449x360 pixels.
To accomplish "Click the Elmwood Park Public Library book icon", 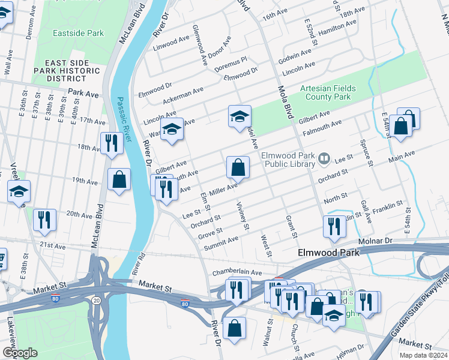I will [x=324, y=158].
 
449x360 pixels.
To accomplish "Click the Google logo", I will [x=20, y=353].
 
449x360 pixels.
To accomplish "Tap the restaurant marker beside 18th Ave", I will [x=111, y=144].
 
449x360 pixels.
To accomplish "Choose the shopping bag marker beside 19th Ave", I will [x=119, y=179].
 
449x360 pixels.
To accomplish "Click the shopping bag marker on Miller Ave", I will [x=238, y=168].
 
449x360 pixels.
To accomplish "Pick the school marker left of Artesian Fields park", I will [x=240, y=116].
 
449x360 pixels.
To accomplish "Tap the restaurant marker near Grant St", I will [x=333, y=227].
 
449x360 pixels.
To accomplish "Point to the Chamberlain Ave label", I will [x=237, y=272].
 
